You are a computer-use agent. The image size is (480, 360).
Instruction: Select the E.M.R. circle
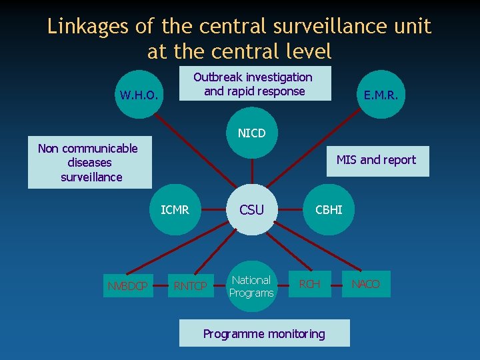point(381,95)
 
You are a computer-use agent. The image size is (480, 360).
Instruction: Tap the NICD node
point(251,133)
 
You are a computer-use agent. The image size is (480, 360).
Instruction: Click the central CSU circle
point(251,210)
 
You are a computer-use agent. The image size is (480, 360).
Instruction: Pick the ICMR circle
point(175,210)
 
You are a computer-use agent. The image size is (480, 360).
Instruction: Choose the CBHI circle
point(329,210)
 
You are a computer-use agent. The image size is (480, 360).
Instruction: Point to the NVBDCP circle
point(127,286)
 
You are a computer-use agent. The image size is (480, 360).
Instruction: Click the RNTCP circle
point(190,286)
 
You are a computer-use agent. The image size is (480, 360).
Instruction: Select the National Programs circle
point(251,286)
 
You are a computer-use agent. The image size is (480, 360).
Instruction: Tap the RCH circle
point(309,285)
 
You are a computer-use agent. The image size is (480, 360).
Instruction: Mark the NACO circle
point(365,285)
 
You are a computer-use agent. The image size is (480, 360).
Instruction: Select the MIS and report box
point(377,161)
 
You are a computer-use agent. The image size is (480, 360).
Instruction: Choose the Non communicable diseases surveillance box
point(89,163)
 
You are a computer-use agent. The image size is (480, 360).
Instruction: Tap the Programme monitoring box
point(264,333)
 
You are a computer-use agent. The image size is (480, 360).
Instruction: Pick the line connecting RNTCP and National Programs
point(218,286)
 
